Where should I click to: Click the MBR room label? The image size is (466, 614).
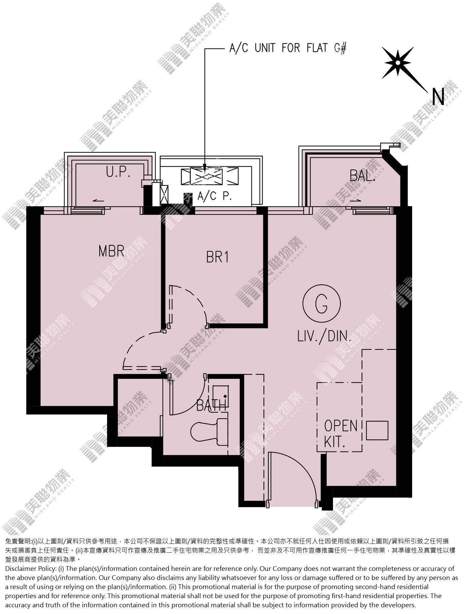[111, 251]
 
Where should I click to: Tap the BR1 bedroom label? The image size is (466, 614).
[218, 257]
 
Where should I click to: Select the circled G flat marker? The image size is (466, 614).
[322, 304]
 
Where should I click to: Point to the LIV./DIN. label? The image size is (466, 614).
[324, 336]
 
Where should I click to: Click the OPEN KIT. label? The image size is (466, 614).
[340, 434]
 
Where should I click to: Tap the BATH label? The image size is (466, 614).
[211, 406]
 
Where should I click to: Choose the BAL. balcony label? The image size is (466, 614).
[363, 176]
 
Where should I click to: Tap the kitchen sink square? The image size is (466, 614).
[377, 431]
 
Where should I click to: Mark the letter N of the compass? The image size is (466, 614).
[438, 97]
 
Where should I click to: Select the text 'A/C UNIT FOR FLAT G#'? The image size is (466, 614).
[288, 49]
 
